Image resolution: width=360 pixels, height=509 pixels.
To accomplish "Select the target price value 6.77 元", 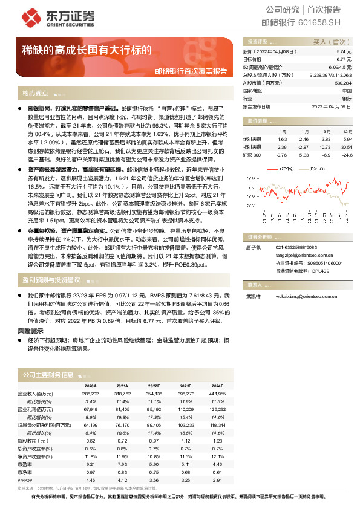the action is [343, 60].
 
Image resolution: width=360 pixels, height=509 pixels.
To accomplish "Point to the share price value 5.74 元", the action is [344, 53].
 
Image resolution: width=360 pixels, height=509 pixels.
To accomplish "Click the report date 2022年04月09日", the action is [332, 106].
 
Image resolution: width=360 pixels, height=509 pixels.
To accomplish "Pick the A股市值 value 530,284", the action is [342, 83].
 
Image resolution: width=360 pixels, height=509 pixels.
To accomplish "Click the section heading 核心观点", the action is [36, 94].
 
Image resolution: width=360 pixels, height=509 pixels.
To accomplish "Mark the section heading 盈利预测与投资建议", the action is [51, 280].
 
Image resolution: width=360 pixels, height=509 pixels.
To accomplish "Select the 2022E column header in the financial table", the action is [154, 384].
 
